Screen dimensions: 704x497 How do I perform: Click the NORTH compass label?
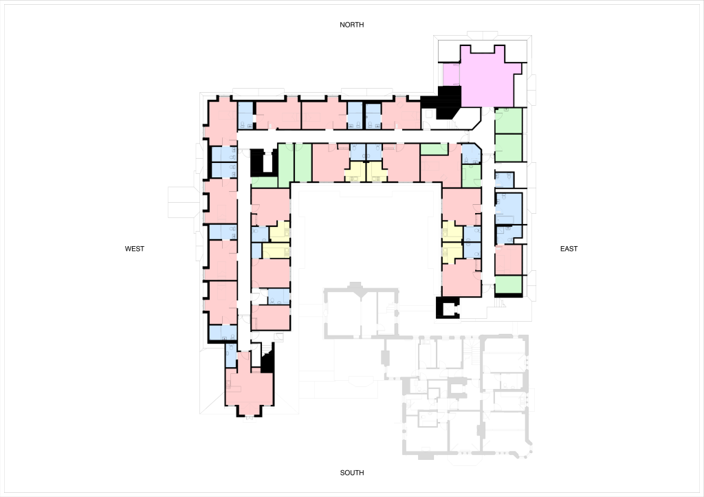click(x=351, y=25)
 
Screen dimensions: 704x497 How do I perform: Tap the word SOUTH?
click(x=352, y=473)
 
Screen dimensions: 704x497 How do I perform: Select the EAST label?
click(x=569, y=249)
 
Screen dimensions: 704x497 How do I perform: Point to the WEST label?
click(x=135, y=249)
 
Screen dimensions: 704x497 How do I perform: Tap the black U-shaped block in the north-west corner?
click(x=262, y=162)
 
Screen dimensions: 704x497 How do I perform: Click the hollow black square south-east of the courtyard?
click(x=448, y=307)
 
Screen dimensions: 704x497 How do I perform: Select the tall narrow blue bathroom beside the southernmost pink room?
click(x=231, y=355)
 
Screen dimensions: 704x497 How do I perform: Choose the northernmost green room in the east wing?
click(x=508, y=121)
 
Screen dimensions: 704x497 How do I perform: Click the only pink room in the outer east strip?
click(x=508, y=260)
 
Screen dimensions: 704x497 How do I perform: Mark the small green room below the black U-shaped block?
click(x=264, y=182)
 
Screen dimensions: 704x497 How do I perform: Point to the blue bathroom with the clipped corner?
click(x=470, y=154)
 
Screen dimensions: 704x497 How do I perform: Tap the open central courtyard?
click(x=366, y=238)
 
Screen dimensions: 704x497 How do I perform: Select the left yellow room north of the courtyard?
click(x=355, y=173)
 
